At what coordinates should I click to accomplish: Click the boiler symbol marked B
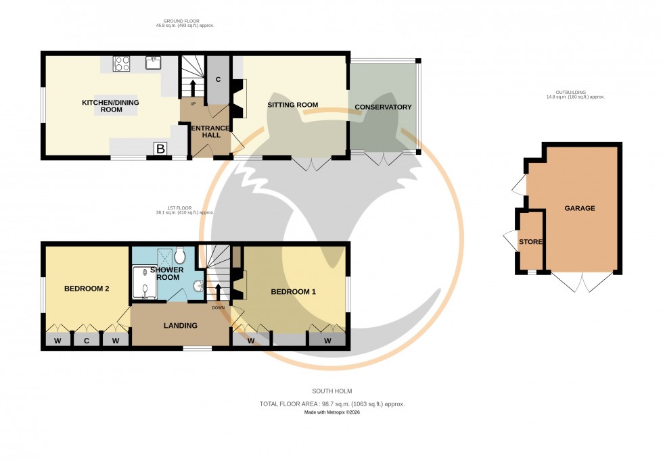(160, 149)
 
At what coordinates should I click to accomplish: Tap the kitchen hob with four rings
(122, 64)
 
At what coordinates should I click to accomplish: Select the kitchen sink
(154, 63)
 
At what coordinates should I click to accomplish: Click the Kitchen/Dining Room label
(101, 105)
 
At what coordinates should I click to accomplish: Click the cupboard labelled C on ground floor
(218, 79)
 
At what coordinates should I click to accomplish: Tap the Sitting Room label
(292, 105)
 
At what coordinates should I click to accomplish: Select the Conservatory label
(383, 107)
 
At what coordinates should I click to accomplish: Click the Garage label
(580, 208)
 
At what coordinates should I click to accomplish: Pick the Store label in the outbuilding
(530, 241)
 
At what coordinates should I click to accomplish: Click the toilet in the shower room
(180, 256)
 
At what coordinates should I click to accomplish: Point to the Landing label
(180, 326)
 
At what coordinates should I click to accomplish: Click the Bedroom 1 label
(294, 292)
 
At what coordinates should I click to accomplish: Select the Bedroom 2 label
(87, 289)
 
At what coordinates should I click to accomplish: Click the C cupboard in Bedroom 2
(87, 341)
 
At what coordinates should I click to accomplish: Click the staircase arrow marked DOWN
(218, 294)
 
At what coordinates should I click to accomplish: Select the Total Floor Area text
(331, 404)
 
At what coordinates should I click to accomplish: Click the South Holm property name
(331, 391)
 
